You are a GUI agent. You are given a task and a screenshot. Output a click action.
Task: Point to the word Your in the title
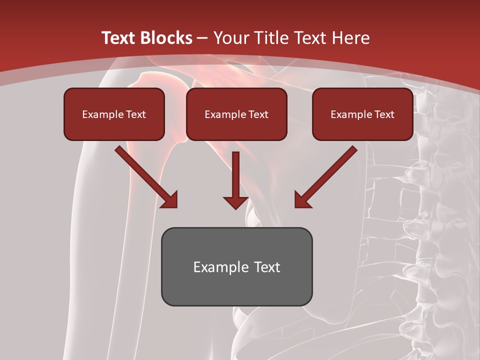(230, 38)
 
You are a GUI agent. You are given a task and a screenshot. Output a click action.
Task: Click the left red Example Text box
(114, 114)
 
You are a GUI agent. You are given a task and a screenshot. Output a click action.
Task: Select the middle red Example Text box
(236, 114)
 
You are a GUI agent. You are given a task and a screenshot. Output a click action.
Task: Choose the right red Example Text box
(362, 114)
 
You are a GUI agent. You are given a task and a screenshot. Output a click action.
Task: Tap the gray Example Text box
(236, 266)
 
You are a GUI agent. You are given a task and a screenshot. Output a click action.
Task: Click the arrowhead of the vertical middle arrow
(236, 202)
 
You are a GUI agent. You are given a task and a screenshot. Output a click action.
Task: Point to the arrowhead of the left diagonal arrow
(170, 200)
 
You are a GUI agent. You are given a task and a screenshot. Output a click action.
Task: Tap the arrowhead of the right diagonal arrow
(302, 200)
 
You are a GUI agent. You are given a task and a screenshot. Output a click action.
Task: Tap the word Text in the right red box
(384, 114)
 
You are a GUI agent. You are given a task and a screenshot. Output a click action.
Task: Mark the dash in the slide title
(202, 38)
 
